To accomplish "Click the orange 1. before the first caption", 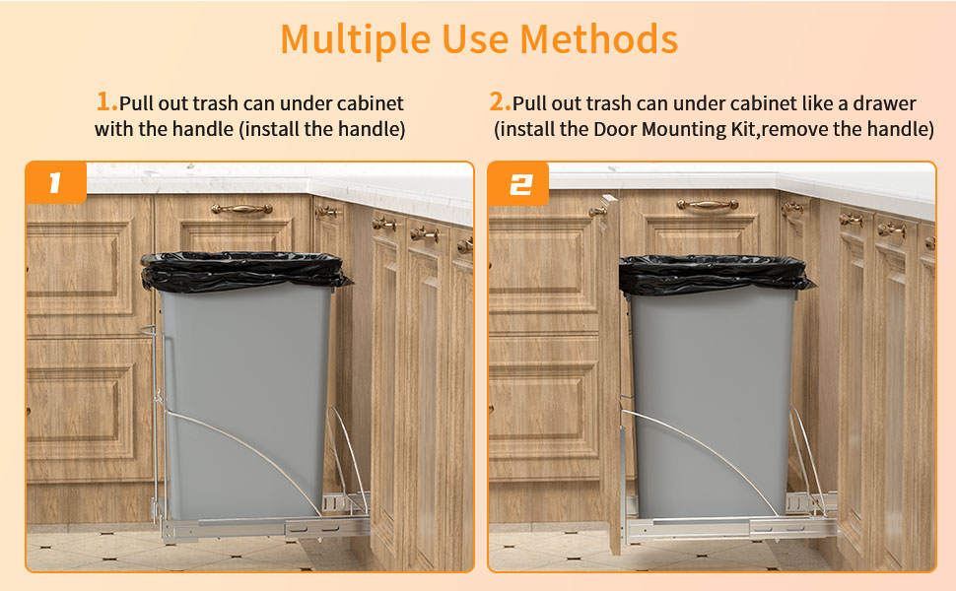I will (x=106, y=102).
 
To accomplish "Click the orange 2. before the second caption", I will (x=501, y=102).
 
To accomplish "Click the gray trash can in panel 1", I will (x=246, y=394).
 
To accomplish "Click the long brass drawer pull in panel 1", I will (x=241, y=209).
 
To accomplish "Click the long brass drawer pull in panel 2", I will (x=707, y=205).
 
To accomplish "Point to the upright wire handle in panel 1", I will (x=153, y=414).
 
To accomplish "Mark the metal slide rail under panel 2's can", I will (x=729, y=527).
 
